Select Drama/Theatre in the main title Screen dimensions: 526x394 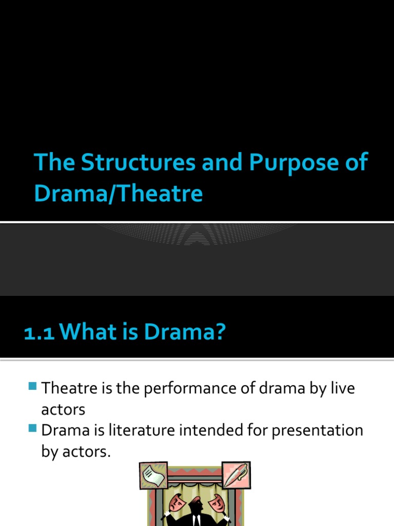coord(119,194)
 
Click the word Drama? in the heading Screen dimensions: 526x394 coord(184,332)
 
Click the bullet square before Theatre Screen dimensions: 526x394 coord(33,386)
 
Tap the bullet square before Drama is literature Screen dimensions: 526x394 coord(33,427)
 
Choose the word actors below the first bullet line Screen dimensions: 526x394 coord(63,409)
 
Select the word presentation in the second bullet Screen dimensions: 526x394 coord(318,430)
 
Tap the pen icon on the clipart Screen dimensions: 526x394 coord(235,474)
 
